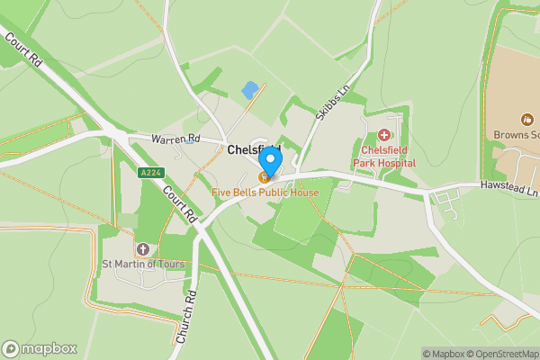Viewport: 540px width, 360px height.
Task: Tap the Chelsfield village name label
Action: click(x=253, y=148)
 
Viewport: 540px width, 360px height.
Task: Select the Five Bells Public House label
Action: click(x=265, y=193)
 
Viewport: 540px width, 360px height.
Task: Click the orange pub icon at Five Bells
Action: click(x=265, y=177)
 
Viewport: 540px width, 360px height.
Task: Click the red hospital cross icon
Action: click(x=383, y=134)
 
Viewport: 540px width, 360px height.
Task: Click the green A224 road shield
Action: click(x=150, y=172)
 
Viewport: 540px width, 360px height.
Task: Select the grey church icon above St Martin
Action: click(x=142, y=247)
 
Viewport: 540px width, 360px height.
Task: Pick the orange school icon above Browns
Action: click(x=526, y=120)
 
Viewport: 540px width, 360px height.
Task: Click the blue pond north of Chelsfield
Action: click(x=249, y=90)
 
